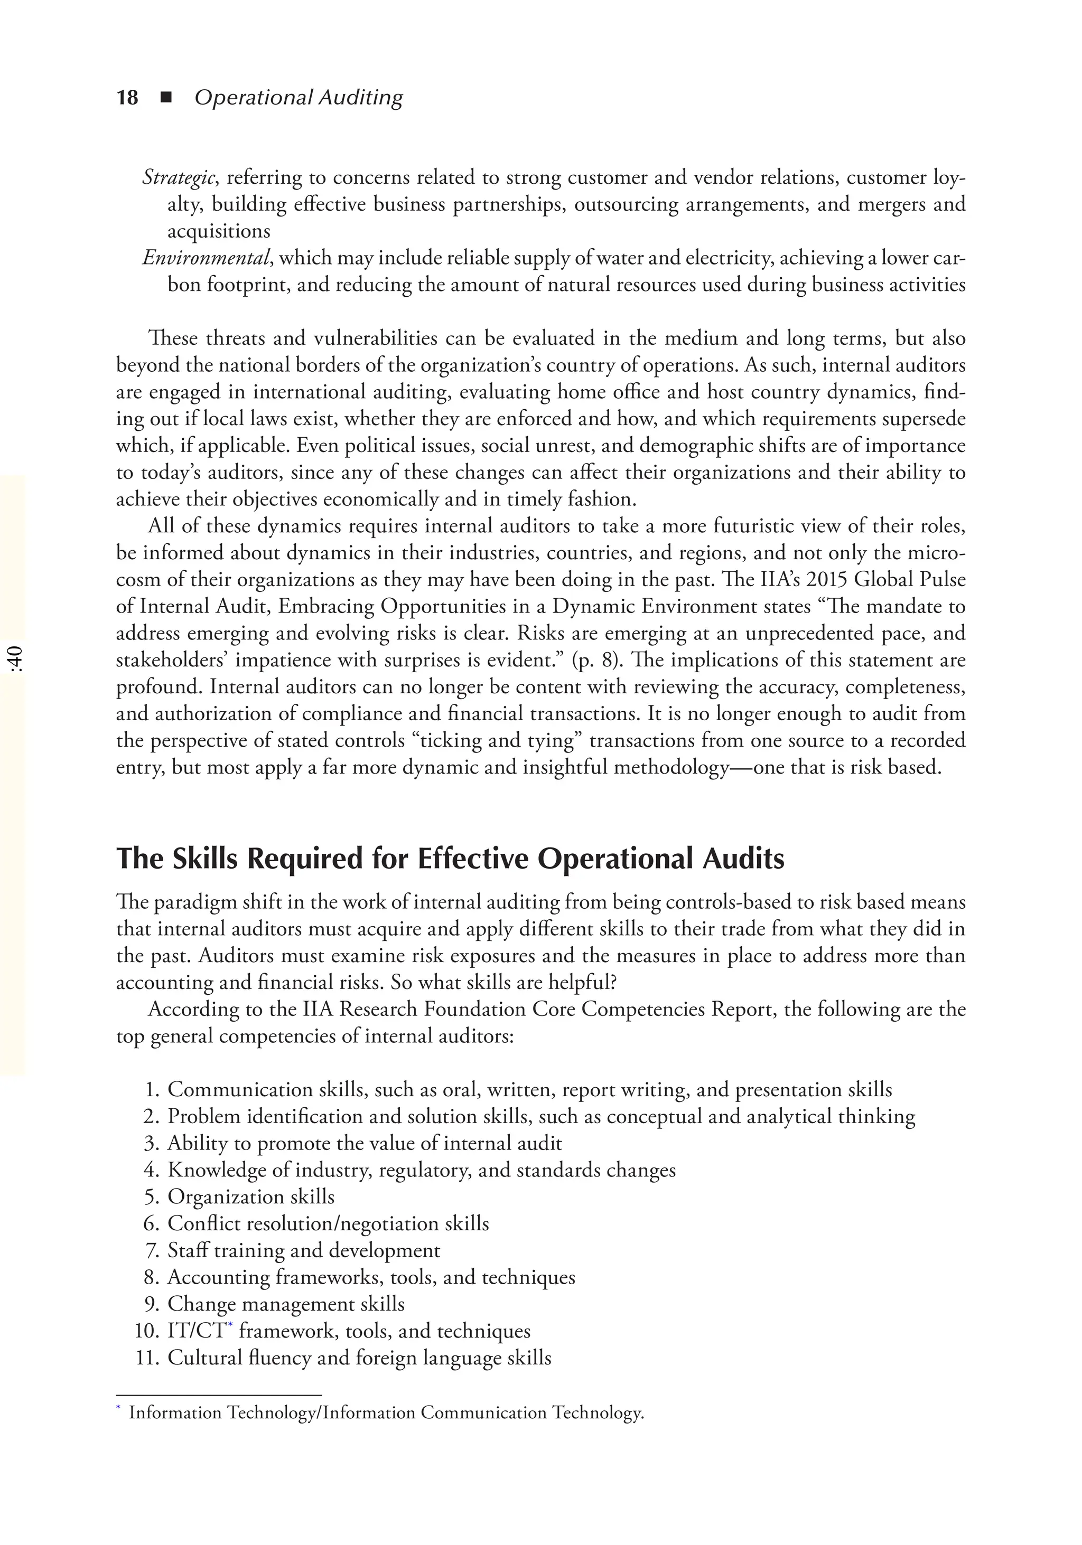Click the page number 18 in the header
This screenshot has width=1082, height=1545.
[x=127, y=98]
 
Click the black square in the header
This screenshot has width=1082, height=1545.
[x=166, y=98]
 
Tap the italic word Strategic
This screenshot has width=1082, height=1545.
[x=179, y=177]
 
